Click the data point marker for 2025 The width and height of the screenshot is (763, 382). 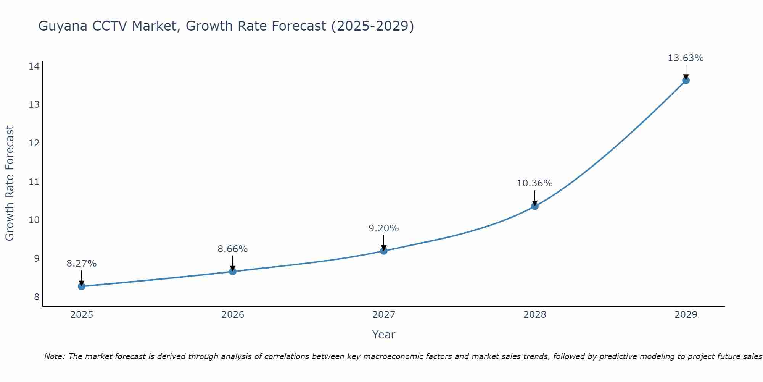(x=82, y=286)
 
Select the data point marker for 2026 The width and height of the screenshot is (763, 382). (x=233, y=271)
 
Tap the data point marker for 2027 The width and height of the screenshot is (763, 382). (x=384, y=251)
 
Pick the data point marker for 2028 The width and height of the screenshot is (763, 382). (x=535, y=206)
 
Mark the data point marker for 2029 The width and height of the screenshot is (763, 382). (x=686, y=80)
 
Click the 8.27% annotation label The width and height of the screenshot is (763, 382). (x=82, y=264)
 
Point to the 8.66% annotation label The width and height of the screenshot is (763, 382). (x=233, y=249)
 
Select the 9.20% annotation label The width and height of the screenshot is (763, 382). (x=384, y=228)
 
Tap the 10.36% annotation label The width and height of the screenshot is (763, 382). (x=535, y=183)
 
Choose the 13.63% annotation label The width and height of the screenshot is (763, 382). (x=686, y=58)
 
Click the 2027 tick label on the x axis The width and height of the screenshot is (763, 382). (x=384, y=315)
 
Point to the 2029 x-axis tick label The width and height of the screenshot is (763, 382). (x=686, y=315)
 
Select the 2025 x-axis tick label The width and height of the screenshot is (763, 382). (x=82, y=315)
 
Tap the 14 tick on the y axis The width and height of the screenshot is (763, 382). (x=34, y=66)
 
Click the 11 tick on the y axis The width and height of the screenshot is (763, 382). (x=34, y=181)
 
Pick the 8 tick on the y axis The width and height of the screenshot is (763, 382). (x=37, y=297)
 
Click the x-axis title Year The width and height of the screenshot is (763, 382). (x=384, y=335)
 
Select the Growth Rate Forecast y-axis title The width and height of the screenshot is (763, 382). (x=10, y=183)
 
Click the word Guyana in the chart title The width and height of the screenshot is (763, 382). (x=63, y=26)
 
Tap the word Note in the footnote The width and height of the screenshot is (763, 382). (x=55, y=356)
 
